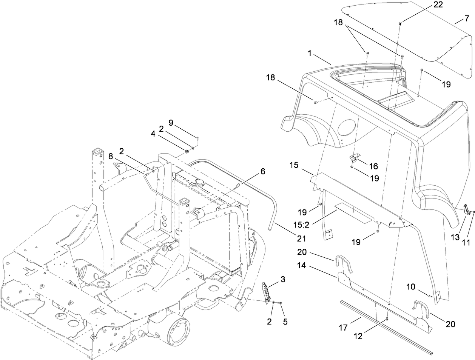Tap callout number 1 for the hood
tap(310, 54)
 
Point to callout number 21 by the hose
tap(301, 238)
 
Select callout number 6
tap(262, 171)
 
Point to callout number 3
tap(283, 279)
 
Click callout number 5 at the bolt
tap(285, 322)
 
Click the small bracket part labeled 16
tap(353, 158)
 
